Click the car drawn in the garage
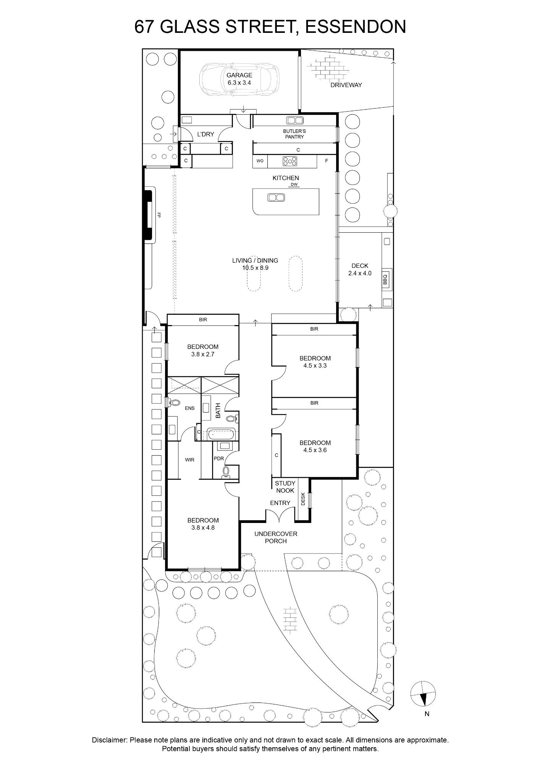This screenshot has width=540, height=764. coord(239,79)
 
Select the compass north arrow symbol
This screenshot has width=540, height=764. coord(423,693)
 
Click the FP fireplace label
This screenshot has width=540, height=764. coord(158,215)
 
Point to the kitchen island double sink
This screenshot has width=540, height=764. coord(276,197)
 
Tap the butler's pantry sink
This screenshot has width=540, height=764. coord(295,120)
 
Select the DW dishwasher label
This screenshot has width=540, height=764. coord(294,185)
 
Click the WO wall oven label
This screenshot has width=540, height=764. coord(260,161)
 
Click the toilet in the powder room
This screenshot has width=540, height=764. coord(226,472)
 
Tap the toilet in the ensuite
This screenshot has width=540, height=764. coord(174,402)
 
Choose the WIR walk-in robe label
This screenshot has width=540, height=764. coord(190,460)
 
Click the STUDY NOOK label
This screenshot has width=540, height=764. coord(285,487)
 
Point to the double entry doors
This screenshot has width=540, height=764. coord(280,516)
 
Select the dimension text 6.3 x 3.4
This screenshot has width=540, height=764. coord(239,83)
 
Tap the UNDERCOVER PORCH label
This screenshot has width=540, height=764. coord(276,537)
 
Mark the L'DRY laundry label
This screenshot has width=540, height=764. coord(205,134)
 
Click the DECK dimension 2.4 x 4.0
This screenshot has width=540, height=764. coord(360,273)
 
